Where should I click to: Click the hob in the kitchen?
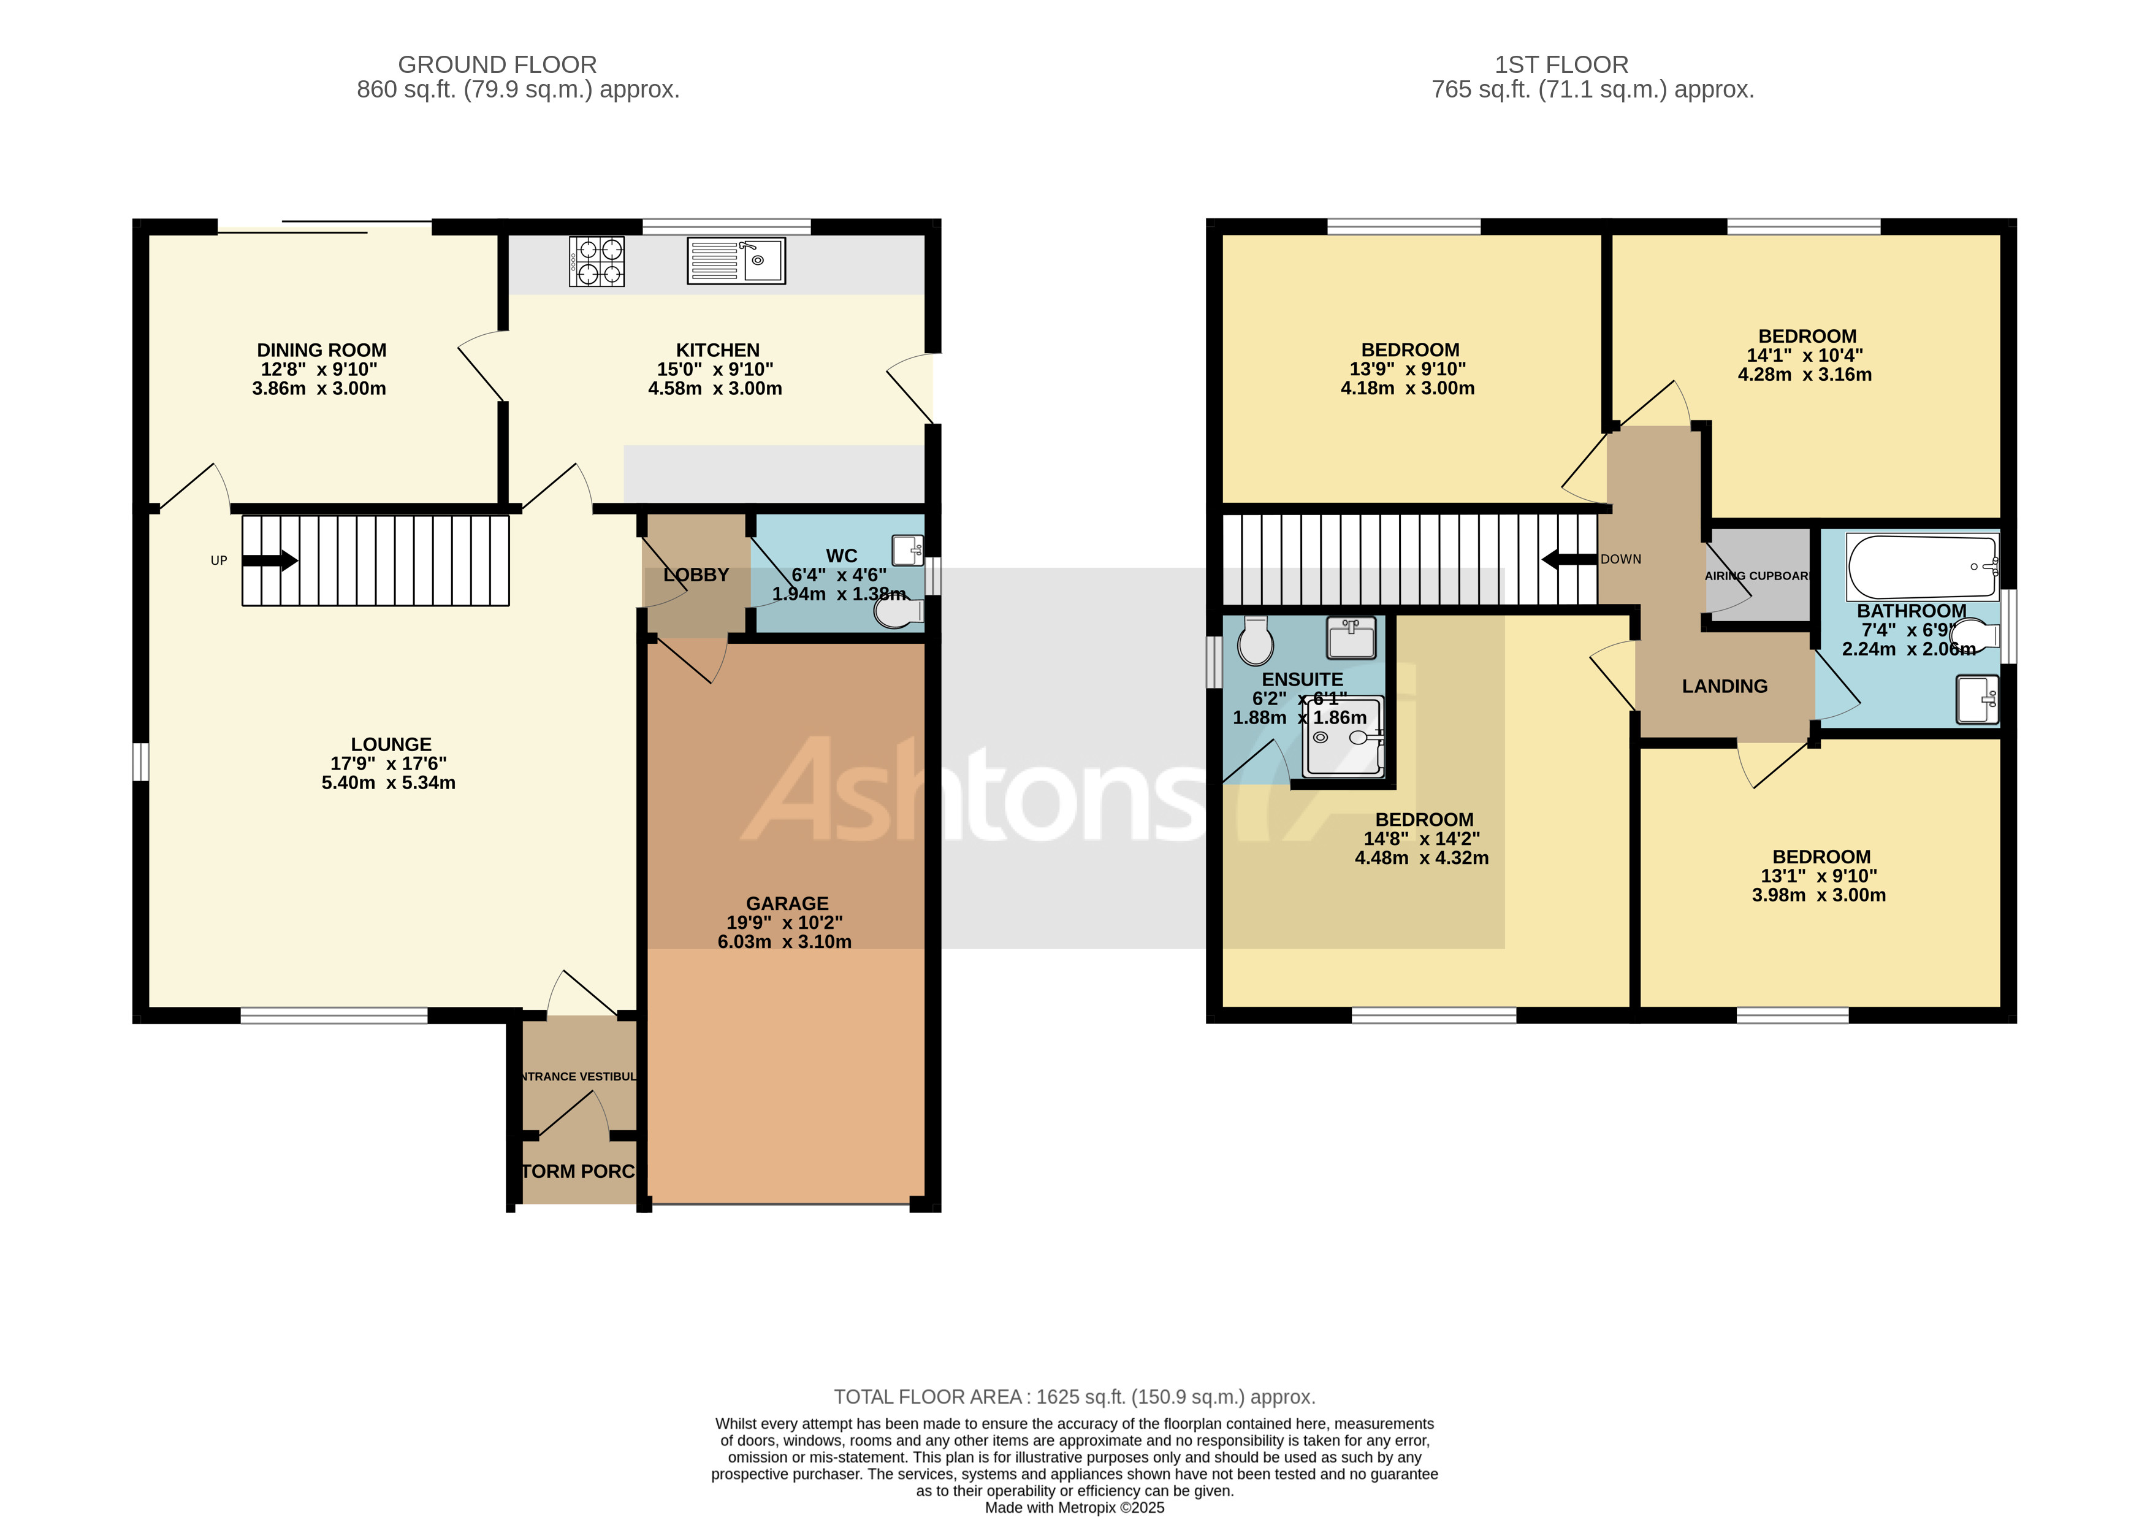click(x=597, y=261)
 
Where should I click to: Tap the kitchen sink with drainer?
click(x=736, y=261)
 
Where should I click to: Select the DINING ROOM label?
click(x=321, y=350)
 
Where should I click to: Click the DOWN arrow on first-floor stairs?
click(x=1568, y=560)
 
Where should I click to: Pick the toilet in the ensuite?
click(x=1255, y=641)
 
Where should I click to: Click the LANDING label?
click(x=1724, y=686)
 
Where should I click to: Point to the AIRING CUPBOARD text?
click(x=1756, y=576)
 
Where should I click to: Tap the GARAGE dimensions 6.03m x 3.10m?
click(x=785, y=942)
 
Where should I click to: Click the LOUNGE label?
click(x=391, y=744)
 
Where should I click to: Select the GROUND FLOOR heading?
click(x=497, y=64)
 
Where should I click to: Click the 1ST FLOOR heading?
click(x=1561, y=64)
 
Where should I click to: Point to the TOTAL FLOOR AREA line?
click(x=1074, y=1397)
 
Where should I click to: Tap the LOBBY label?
click(x=696, y=575)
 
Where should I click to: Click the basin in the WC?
click(x=907, y=549)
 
